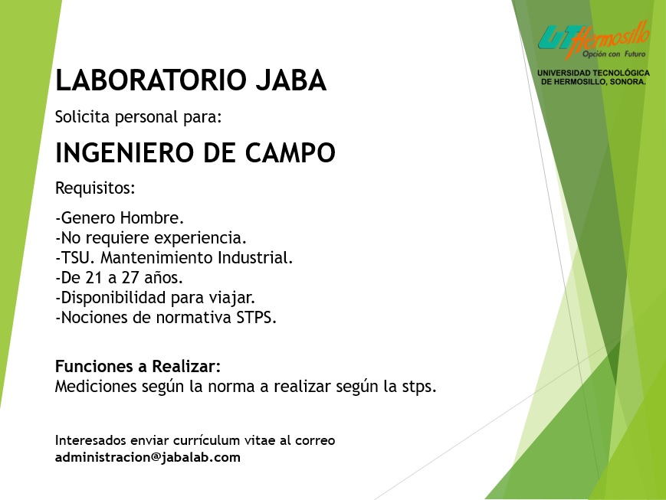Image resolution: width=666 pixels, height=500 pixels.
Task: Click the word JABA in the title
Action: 291,80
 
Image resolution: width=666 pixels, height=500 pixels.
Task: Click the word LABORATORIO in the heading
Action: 151,80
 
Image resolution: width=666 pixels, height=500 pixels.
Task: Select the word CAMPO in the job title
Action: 290,153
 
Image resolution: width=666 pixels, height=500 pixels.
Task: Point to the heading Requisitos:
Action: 95,188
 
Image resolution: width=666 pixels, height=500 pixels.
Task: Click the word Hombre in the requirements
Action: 152,217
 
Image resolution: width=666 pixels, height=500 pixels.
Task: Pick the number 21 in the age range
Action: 94,278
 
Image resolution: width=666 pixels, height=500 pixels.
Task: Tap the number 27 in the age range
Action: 130,278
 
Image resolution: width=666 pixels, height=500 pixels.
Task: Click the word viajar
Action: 231,298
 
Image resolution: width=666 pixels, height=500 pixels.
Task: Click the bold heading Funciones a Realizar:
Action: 138,366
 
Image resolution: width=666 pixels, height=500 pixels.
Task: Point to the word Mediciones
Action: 96,386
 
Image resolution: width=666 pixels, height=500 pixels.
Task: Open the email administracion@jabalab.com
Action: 148,457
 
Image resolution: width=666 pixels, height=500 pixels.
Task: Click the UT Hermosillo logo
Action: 593,41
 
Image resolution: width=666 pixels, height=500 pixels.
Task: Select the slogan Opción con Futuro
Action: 614,54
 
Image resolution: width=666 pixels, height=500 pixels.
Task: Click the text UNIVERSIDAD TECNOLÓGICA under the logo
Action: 593,73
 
